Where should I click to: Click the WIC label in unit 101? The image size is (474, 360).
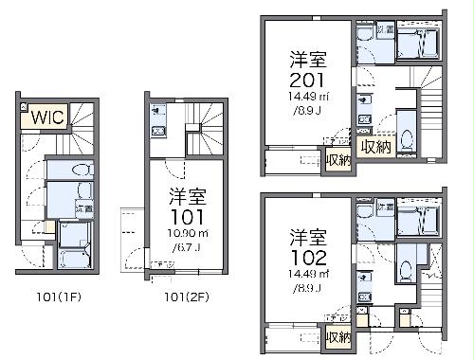coord(46,118)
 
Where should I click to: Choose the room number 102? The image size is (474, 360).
coord(308,256)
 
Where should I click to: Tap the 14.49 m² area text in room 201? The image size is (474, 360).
coord(309,98)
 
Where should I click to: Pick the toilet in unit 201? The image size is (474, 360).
coord(407,140)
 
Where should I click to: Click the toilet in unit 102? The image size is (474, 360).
coord(405,269)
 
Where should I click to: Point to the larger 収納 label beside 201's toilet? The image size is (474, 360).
coord(375,147)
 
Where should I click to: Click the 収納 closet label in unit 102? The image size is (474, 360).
coord(337,337)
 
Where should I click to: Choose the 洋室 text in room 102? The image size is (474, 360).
coord(309,235)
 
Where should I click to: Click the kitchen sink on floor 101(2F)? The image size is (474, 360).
coord(158,130)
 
